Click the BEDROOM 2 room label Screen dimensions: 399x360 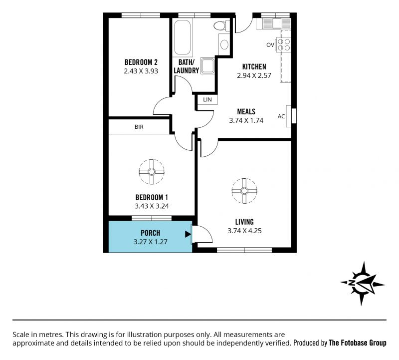pos(141,62)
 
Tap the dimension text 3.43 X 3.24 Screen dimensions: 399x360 pos(152,206)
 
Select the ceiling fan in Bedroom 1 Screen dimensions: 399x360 pos(152,172)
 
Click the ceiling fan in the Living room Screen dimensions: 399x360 pos(244,191)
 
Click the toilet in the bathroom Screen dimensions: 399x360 pos(221,25)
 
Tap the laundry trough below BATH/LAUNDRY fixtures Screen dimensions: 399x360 pos(208,66)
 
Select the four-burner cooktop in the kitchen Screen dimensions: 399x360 pos(284,44)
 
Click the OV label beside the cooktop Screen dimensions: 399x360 pos(270,45)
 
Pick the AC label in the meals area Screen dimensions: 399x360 pos(281,116)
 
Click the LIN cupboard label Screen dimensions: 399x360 pos(207,100)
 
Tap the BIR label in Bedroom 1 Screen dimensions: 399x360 pos(139,127)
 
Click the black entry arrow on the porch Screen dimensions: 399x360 pos(188,234)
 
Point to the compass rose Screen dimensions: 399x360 pos(363,283)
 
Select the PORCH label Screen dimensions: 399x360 pos(151,233)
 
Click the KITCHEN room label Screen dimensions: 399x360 pos(254,67)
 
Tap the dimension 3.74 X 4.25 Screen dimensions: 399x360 pos(244,231)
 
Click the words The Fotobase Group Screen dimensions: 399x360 pos(358,343)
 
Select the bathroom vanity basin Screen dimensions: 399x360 pos(224,44)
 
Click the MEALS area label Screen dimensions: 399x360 pos(246,111)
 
